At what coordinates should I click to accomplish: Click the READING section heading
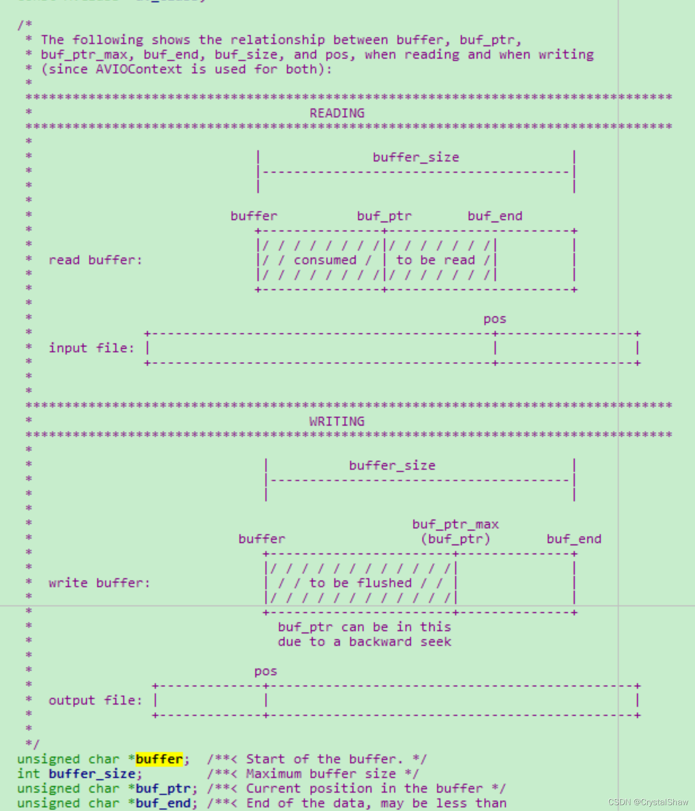click(337, 113)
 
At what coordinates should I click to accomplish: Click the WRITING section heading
click(337, 421)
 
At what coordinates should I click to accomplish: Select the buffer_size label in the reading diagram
click(415, 157)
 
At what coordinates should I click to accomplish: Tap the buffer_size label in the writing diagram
click(392, 466)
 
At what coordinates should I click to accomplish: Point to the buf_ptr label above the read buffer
click(384, 216)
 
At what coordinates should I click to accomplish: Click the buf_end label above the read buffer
click(495, 216)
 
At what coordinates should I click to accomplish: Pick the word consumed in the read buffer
click(325, 260)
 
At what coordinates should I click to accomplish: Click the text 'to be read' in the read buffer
click(435, 260)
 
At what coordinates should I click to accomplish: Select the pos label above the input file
click(495, 319)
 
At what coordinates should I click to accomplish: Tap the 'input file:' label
click(92, 348)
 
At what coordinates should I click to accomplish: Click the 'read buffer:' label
click(95, 260)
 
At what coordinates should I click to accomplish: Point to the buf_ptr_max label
click(455, 524)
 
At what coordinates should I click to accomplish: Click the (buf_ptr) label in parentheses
click(455, 539)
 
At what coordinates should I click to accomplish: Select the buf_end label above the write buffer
click(574, 539)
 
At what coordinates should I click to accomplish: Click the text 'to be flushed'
click(360, 583)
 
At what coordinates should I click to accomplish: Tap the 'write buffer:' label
click(99, 583)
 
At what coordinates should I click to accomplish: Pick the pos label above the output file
click(266, 671)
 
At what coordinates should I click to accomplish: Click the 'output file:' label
click(95, 700)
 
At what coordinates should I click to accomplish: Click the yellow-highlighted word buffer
click(159, 759)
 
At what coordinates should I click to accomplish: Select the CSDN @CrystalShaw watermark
click(648, 802)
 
